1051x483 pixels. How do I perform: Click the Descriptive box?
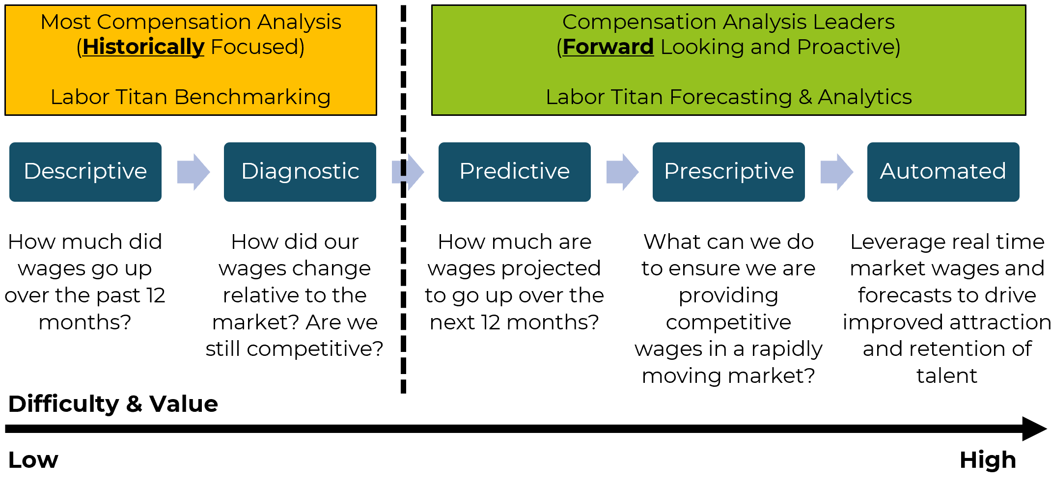pos(85,172)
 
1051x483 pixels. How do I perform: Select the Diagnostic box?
pos(300,172)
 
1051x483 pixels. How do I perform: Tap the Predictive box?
pos(514,172)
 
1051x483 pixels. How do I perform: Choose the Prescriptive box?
pos(728,172)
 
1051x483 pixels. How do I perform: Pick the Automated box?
pos(943,172)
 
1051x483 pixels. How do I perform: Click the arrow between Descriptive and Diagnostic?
pos(194,172)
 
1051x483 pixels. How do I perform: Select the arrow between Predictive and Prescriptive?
pos(623,172)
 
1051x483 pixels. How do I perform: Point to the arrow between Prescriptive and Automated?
pos(837,172)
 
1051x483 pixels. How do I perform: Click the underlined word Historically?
pos(143,47)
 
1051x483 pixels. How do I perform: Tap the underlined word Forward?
pos(608,47)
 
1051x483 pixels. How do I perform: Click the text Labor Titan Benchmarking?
pos(191,97)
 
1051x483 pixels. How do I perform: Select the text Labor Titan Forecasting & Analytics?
pos(729,97)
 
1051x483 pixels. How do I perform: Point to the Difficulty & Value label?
pos(113,404)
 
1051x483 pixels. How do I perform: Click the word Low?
pos(33,460)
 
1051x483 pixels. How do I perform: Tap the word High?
pos(988,460)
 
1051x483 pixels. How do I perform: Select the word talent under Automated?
pos(947,376)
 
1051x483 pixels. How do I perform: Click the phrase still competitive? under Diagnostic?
pos(295,349)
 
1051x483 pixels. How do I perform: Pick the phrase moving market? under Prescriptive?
pos(728,376)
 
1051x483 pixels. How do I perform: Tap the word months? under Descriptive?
pos(85,322)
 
